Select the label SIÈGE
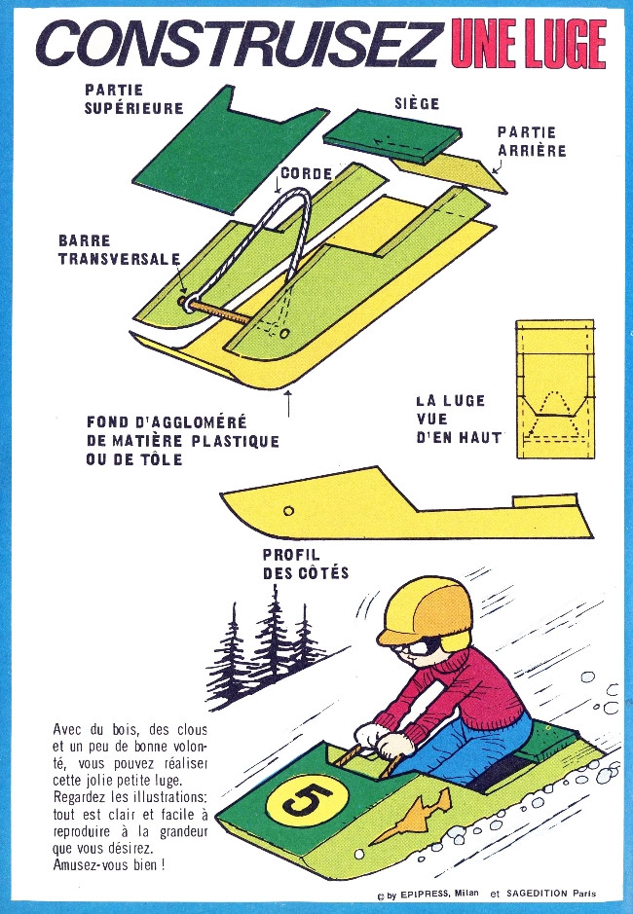(x=417, y=103)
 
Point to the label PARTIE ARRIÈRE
(x=532, y=142)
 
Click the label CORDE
(x=307, y=173)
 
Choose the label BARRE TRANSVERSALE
(x=119, y=250)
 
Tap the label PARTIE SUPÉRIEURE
(x=133, y=99)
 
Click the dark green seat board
(x=392, y=136)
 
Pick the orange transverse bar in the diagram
(x=220, y=311)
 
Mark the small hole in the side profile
(x=288, y=511)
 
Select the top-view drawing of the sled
(x=555, y=388)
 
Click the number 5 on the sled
(x=308, y=799)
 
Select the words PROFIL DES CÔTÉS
(x=305, y=564)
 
